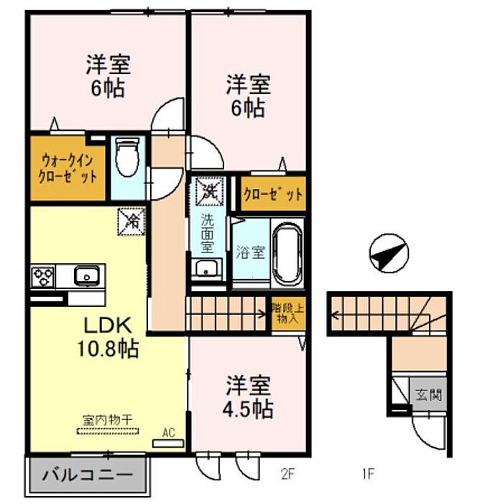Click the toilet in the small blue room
(x=127, y=157)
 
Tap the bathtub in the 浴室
(x=287, y=252)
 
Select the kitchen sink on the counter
(x=86, y=275)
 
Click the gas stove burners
(x=43, y=276)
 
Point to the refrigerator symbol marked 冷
(x=131, y=221)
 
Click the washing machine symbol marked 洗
(x=209, y=191)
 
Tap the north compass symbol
(x=389, y=253)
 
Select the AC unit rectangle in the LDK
(x=168, y=444)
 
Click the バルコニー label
(x=88, y=475)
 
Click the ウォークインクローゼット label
(x=68, y=169)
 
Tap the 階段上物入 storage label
(x=287, y=313)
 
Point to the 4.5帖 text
(x=248, y=408)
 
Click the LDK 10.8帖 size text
(x=108, y=349)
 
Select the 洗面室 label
(x=207, y=234)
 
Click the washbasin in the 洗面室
(x=207, y=268)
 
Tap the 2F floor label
(x=287, y=474)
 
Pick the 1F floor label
(x=368, y=474)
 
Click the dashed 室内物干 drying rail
(x=108, y=431)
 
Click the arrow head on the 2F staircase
(x=262, y=313)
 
